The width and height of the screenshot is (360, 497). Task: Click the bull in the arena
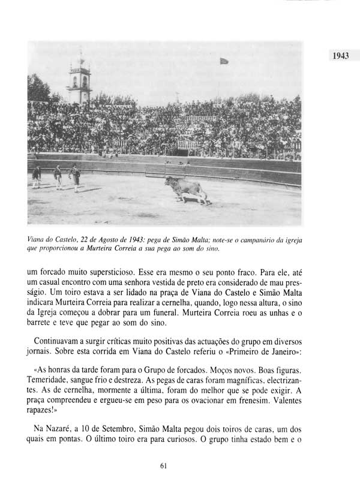(x=186, y=189)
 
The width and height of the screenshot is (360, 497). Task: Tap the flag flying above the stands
(x=224, y=61)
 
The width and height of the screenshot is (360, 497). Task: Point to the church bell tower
(x=80, y=81)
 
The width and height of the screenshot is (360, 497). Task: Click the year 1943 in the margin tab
(x=339, y=56)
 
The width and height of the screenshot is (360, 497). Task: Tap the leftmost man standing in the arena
(x=37, y=177)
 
